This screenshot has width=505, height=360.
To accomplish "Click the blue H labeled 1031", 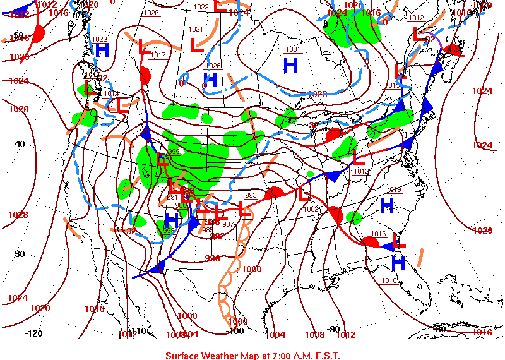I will pyautogui.click(x=290, y=64).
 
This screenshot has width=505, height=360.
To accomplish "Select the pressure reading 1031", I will pyautogui.click(x=293, y=49).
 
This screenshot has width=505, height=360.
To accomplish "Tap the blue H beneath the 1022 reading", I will pyautogui.click(x=102, y=51).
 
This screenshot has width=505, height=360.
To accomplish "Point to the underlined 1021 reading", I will pyautogui.click(x=196, y=30).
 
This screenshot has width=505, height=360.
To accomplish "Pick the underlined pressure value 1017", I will pyautogui.click(x=158, y=56).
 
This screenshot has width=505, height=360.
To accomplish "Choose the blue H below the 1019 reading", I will pyautogui.click(x=387, y=205).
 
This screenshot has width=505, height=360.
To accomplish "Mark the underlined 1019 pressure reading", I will pyautogui.click(x=394, y=190).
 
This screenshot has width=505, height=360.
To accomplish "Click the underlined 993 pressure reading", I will pyautogui.click(x=251, y=196).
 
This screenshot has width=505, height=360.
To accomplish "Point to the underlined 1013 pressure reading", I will pyautogui.click(x=361, y=172).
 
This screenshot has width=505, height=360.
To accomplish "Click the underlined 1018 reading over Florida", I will pyautogui.click(x=389, y=281).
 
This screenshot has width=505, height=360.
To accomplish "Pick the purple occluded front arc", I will pyautogui.click(x=429, y=35).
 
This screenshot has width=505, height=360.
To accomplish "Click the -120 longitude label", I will pyautogui.click(x=33, y=333).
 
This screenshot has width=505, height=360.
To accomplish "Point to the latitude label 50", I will pyautogui.click(x=18, y=35).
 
